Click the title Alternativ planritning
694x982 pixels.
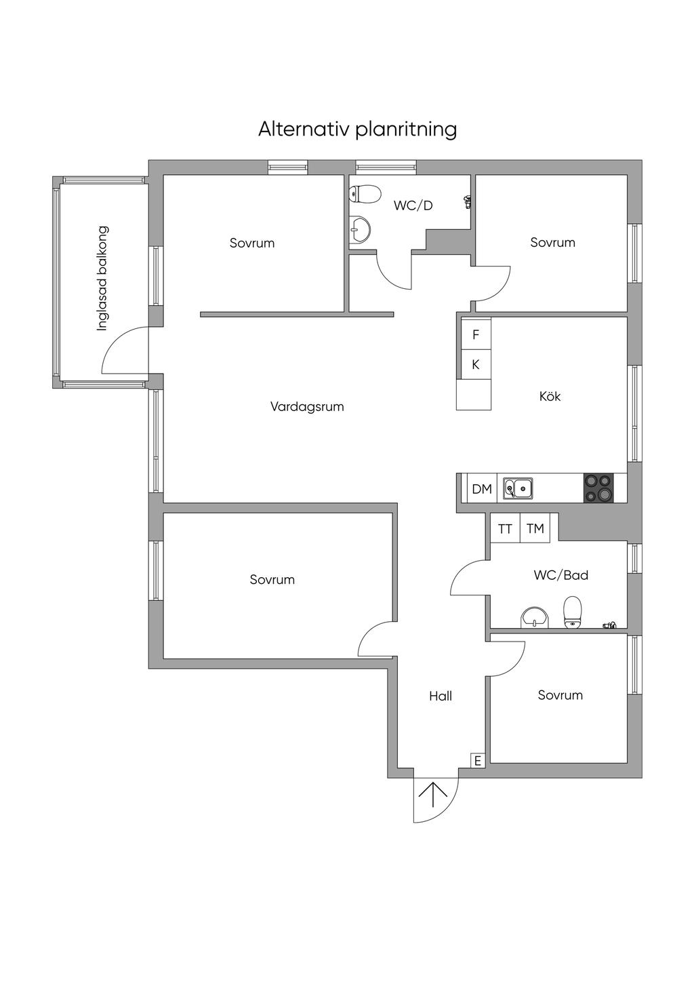(x=357, y=130)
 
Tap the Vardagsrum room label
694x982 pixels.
(x=307, y=407)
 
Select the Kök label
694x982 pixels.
(x=550, y=396)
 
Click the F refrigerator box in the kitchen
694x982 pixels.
(x=476, y=334)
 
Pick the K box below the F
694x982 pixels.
(x=476, y=364)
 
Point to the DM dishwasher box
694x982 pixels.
(x=482, y=489)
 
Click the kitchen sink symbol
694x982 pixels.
(x=518, y=488)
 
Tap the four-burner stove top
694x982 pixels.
(x=598, y=488)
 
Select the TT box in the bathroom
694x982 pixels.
(x=505, y=529)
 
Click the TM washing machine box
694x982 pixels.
(x=535, y=529)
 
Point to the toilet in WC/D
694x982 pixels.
(x=365, y=194)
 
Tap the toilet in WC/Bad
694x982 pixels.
(x=573, y=612)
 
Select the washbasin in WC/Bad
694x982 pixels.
(x=533, y=618)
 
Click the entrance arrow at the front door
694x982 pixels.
(x=433, y=795)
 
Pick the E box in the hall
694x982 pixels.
(x=478, y=761)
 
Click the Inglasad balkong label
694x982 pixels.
(x=102, y=278)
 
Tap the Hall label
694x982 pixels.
(x=441, y=696)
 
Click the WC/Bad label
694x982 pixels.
(x=560, y=574)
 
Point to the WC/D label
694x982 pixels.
(x=413, y=205)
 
